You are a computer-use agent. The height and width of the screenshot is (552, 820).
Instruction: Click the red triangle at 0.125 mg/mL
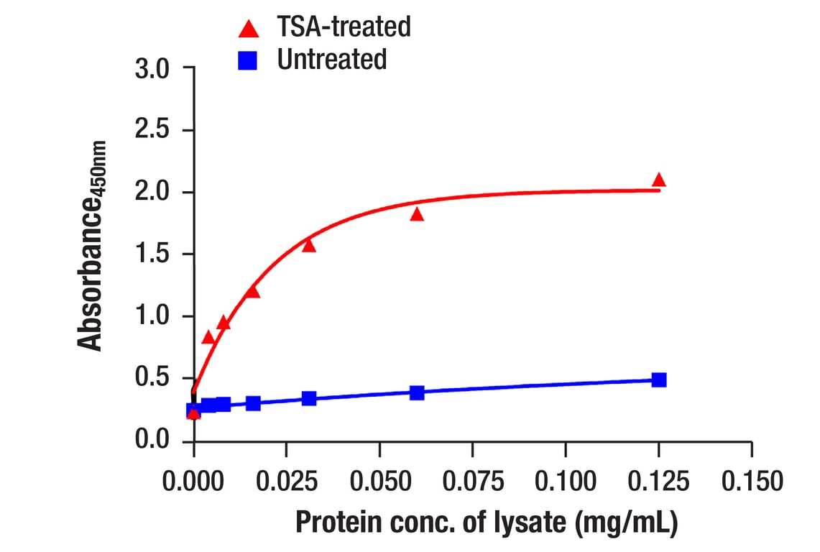[x=658, y=180]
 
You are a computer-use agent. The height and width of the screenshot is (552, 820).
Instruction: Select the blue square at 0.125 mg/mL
[x=658, y=379]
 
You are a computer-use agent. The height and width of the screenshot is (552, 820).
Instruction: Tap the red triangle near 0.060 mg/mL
[x=417, y=214]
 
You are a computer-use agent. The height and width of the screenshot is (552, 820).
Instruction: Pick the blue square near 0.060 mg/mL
[x=417, y=392]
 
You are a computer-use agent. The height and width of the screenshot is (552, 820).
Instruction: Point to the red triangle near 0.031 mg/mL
[x=309, y=246]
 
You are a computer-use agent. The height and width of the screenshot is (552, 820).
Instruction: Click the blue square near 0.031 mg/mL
[x=309, y=398]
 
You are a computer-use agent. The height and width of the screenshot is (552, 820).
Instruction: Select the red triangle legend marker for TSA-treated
[x=249, y=29]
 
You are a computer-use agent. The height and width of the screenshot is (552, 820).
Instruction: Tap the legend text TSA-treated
[x=344, y=27]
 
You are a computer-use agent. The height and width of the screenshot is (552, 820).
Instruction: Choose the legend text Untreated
[x=331, y=60]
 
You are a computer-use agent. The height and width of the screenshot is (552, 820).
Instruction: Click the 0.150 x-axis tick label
[x=751, y=480]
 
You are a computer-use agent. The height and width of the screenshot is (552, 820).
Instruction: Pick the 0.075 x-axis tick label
[x=473, y=480]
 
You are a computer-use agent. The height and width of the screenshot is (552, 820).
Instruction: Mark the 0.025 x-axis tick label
[x=287, y=480]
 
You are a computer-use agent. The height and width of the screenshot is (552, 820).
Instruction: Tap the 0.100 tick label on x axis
[x=566, y=480]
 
